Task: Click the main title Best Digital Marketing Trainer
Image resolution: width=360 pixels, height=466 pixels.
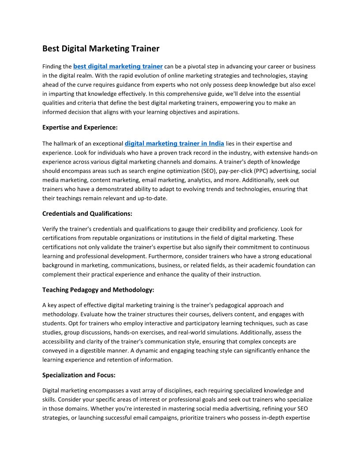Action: click(x=101, y=49)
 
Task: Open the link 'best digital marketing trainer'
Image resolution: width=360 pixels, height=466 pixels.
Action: click(x=118, y=66)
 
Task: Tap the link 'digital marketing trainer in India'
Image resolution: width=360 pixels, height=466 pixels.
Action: click(x=174, y=143)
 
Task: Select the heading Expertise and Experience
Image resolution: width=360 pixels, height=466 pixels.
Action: click(x=80, y=128)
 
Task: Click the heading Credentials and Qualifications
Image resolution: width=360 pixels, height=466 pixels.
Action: click(x=87, y=214)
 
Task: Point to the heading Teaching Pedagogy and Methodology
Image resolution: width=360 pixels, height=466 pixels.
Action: click(x=98, y=289)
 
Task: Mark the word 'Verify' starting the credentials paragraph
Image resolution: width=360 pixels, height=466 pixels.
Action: click(x=50, y=229)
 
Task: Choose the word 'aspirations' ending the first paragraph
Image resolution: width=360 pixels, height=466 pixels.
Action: click(x=223, y=112)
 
